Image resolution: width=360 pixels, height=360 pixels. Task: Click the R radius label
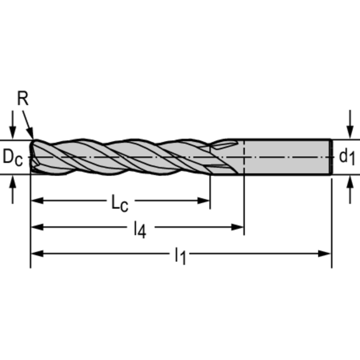(x=23, y=100)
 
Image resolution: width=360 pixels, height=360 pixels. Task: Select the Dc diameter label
(x=13, y=157)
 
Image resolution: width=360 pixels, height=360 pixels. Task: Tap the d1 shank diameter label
(x=347, y=157)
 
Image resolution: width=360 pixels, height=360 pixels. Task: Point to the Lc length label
(x=119, y=203)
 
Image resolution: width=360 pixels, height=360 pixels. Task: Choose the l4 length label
(x=140, y=230)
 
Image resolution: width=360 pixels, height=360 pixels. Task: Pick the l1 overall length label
(x=180, y=256)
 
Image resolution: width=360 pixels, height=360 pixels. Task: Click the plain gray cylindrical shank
(x=286, y=157)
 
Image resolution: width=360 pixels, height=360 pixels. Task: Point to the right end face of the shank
(x=331, y=157)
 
